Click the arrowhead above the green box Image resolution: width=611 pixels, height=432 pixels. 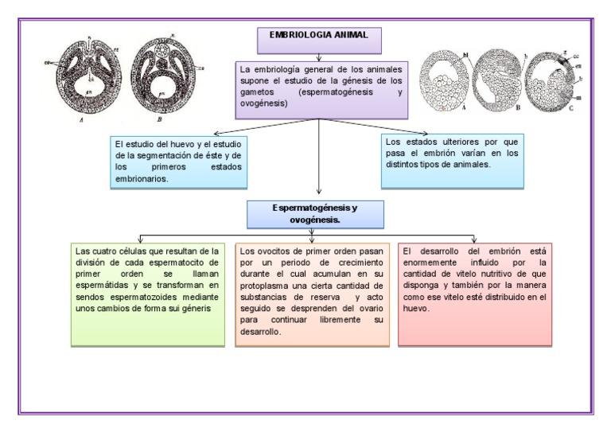coord(140,239)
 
